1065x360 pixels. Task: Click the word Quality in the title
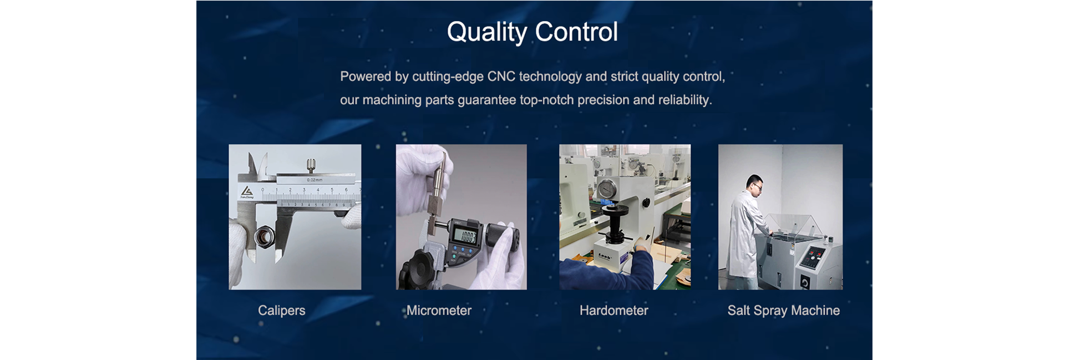pos(487,32)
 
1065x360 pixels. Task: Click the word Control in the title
pos(576,32)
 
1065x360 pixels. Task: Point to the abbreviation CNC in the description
pos(501,77)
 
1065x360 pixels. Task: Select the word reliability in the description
pos(684,100)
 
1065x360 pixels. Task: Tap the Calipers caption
pos(281,311)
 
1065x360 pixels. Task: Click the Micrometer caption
pos(439,311)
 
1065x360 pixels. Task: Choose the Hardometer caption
pos(613,311)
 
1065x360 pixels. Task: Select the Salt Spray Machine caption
pos(783,311)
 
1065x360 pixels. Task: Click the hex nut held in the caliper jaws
pos(263,237)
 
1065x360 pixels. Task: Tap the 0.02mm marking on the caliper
pos(315,180)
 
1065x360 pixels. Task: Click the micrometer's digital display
pos(465,236)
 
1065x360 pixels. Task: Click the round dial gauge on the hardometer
pos(608,191)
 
